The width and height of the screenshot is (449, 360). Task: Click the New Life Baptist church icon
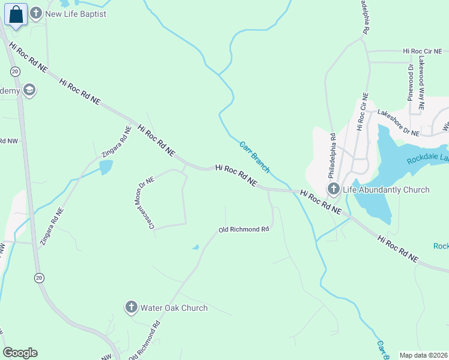(x=36, y=13)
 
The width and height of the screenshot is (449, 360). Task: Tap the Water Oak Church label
(x=173, y=308)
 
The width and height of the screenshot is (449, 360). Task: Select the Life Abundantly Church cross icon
(x=334, y=190)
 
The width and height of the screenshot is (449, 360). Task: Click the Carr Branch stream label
(x=254, y=157)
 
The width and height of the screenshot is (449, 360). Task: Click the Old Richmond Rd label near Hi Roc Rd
(x=243, y=229)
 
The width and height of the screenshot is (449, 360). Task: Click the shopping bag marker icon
(x=16, y=14)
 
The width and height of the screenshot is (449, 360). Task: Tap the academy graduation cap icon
(x=29, y=91)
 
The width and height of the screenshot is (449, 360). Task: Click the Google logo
(x=20, y=353)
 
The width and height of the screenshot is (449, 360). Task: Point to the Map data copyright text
(x=423, y=355)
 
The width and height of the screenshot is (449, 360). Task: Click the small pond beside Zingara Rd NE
(x=106, y=167)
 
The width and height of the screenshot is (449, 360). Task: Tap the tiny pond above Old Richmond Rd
(x=195, y=247)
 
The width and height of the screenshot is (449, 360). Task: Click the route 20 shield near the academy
(x=15, y=71)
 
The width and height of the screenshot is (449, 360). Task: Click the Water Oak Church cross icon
(x=131, y=308)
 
